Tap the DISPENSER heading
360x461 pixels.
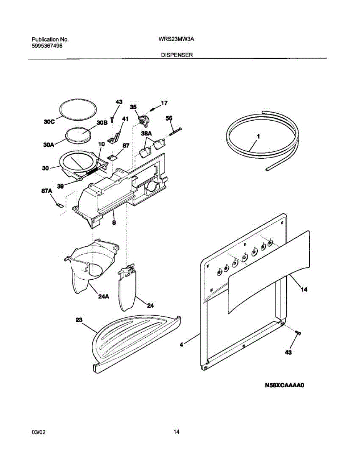point(176,55)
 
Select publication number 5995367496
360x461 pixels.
point(47,46)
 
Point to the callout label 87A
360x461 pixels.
point(46,191)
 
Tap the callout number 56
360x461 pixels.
point(169,118)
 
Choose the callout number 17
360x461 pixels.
point(164,103)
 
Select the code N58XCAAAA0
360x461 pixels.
point(284,385)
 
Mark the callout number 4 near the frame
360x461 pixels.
point(181,345)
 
